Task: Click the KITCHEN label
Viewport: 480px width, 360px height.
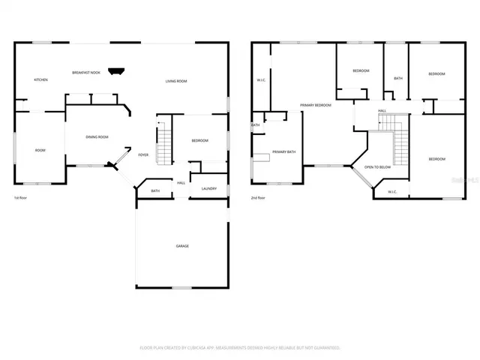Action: click(40, 79)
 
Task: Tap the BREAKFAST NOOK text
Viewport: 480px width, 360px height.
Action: click(86, 73)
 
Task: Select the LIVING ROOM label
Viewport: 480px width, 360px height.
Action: click(176, 81)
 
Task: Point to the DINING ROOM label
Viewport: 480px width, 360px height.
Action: click(97, 136)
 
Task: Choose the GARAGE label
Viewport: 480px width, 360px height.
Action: click(182, 246)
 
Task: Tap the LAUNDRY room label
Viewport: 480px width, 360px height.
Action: click(208, 188)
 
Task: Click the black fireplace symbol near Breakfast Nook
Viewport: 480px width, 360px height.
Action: click(115, 72)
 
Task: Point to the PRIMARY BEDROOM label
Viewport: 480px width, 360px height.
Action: click(316, 105)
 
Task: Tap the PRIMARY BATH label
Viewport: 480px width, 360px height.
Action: click(283, 151)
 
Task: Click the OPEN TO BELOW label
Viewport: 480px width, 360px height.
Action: click(377, 167)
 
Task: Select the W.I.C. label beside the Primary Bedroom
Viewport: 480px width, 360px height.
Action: click(262, 80)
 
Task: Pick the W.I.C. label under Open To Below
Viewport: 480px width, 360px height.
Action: click(392, 192)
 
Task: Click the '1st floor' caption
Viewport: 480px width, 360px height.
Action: click(21, 198)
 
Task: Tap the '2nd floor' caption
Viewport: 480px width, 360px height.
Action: click(258, 198)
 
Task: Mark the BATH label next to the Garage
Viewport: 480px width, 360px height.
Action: click(155, 190)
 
